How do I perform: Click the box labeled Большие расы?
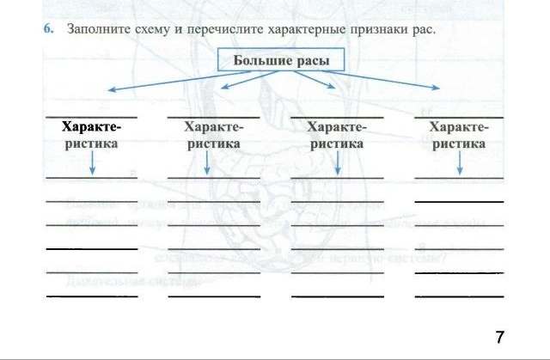(x=281, y=60)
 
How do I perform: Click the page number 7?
(x=499, y=336)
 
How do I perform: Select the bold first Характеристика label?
(x=91, y=136)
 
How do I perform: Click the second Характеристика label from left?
(x=213, y=136)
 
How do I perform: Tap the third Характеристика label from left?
(x=336, y=136)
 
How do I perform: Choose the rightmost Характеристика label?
(x=459, y=136)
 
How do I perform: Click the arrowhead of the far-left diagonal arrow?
(x=109, y=89)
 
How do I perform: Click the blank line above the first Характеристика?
(x=91, y=116)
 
